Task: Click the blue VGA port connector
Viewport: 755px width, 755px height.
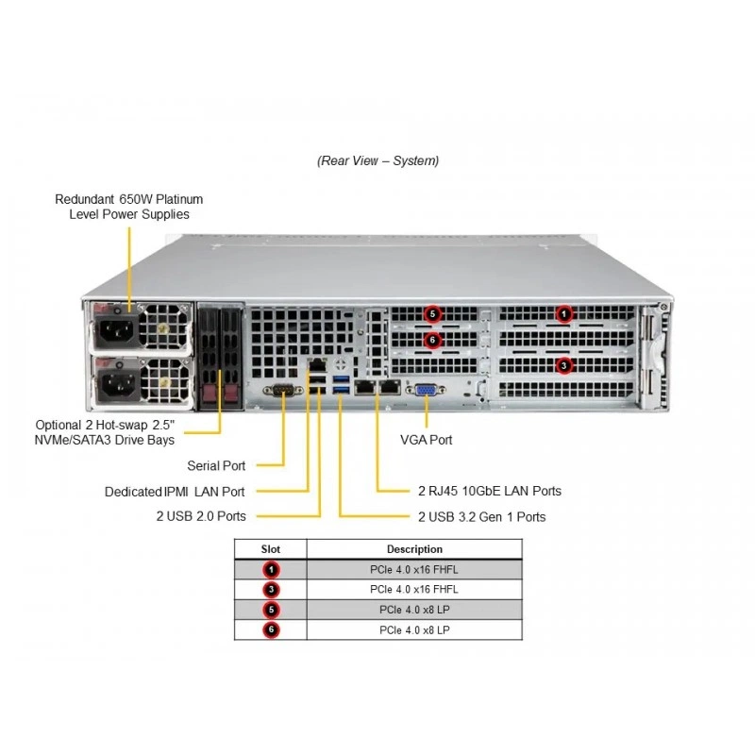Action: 426,390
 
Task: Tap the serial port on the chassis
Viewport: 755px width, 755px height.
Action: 283,390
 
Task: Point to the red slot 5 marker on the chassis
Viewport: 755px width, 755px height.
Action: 432,314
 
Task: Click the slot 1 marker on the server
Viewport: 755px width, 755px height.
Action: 563,314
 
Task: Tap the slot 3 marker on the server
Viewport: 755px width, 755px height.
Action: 563,365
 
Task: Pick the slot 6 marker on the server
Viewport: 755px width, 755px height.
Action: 432,340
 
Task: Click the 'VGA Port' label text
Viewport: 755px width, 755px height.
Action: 427,440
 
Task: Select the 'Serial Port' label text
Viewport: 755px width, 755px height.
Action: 216,465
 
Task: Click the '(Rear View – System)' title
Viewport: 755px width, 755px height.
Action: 378,160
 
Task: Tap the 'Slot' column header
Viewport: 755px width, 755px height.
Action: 271,549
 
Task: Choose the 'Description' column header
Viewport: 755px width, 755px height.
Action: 414,549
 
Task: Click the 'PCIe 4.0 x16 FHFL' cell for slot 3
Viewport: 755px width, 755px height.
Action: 414,589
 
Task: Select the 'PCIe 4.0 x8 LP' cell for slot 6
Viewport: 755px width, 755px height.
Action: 414,629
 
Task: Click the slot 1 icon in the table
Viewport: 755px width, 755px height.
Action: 271,570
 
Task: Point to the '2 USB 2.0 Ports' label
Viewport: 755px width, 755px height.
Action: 201,516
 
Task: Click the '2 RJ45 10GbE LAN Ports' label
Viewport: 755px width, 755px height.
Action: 490,491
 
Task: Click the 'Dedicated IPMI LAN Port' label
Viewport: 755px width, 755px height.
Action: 175,492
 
